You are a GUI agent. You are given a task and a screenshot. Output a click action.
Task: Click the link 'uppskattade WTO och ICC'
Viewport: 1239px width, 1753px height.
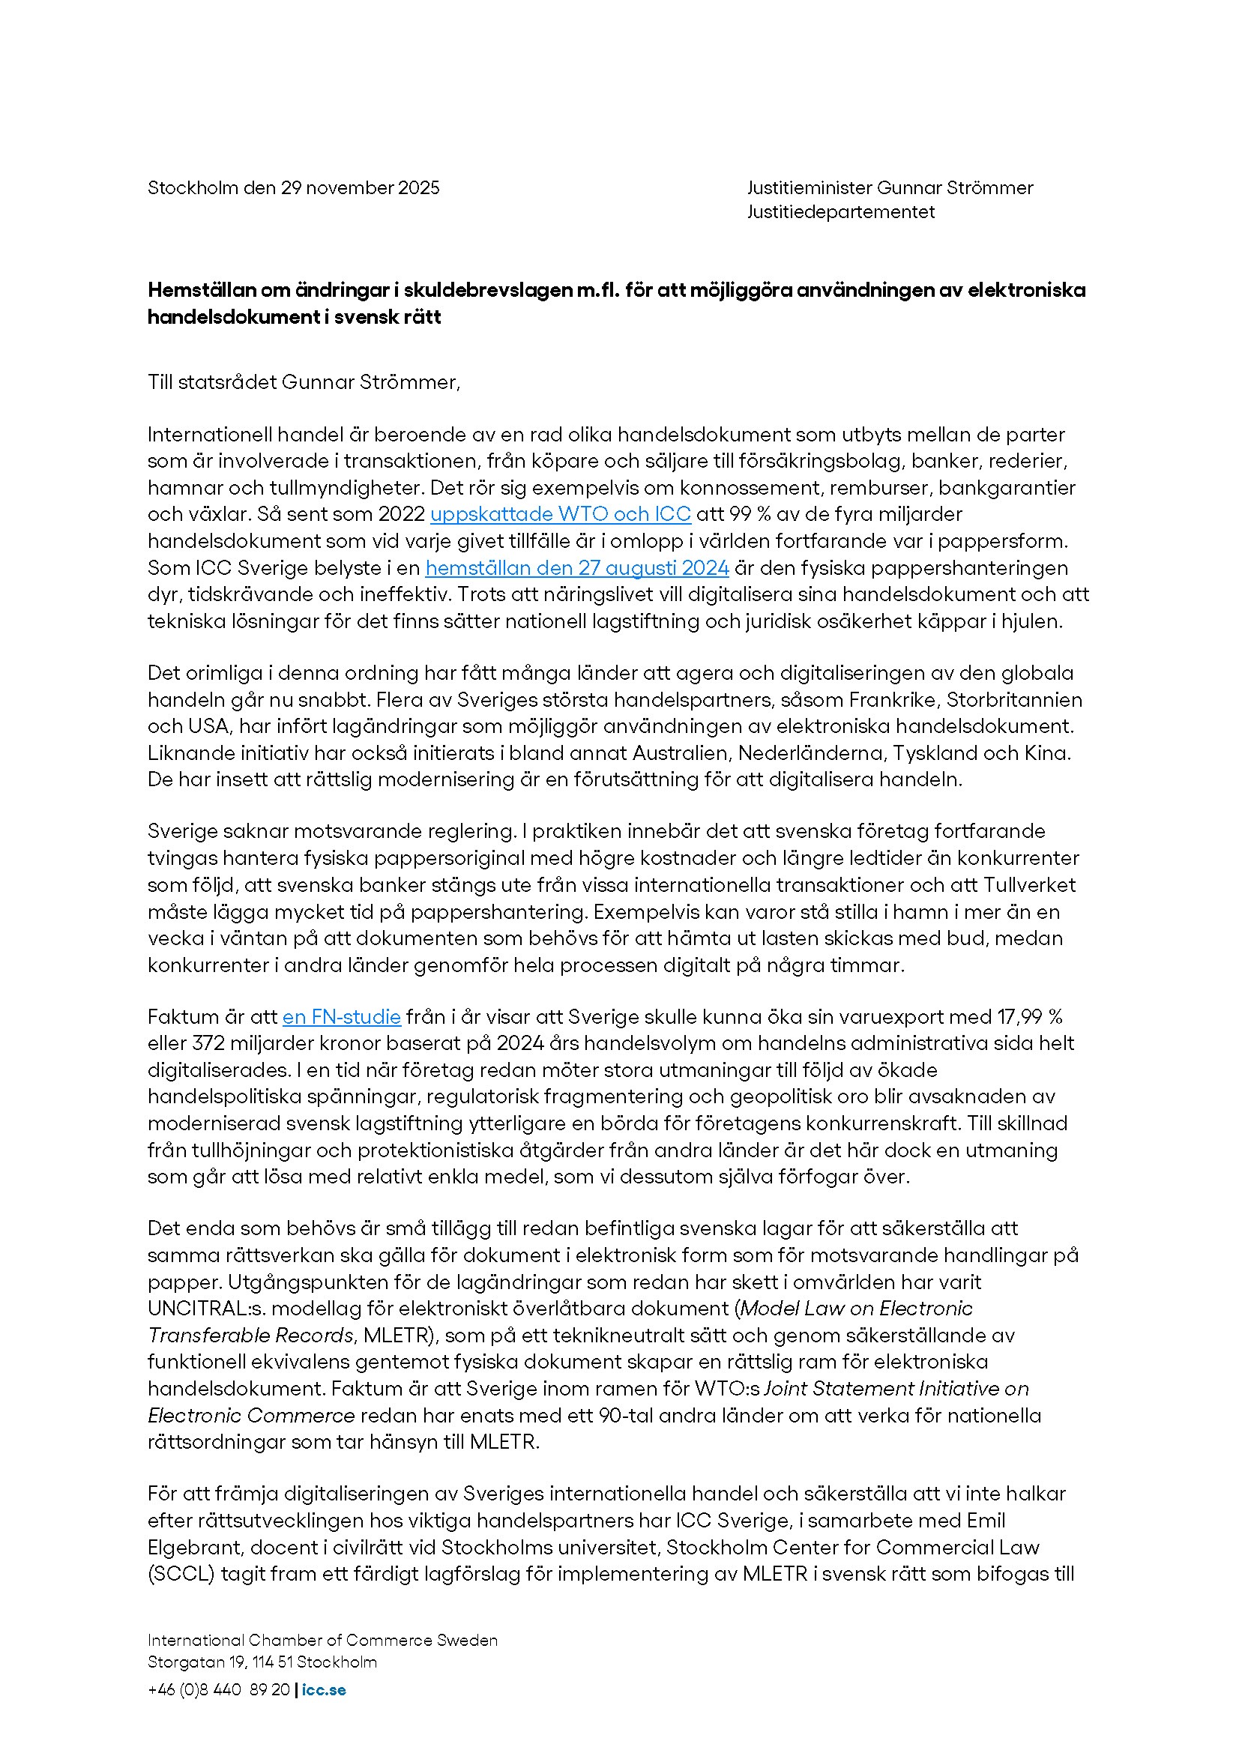(x=561, y=514)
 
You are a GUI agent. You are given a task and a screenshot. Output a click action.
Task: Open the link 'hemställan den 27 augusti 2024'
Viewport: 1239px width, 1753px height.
(x=576, y=568)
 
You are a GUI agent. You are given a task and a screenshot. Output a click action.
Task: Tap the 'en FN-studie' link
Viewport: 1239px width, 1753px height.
(x=341, y=1017)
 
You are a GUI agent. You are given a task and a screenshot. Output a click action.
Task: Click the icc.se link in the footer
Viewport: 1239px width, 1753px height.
(x=324, y=1689)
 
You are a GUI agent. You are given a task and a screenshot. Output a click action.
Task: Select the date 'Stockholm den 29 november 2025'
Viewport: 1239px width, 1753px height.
(x=293, y=188)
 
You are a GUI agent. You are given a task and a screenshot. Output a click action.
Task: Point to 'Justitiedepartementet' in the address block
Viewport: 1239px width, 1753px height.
(x=840, y=212)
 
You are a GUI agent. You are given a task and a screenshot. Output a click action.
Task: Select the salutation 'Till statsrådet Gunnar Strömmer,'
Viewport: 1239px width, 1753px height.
(x=304, y=381)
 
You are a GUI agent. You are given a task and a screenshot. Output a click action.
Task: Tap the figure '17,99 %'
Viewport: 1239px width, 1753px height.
(x=1029, y=1017)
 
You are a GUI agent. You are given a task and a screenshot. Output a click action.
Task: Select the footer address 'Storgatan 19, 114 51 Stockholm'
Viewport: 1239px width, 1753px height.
(x=262, y=1662)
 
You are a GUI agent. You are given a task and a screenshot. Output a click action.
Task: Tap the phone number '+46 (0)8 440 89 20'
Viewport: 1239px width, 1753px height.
(x=218, y=1689)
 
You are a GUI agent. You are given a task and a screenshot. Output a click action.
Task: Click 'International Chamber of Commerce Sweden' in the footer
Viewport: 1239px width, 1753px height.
(x=322, y=1640)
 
